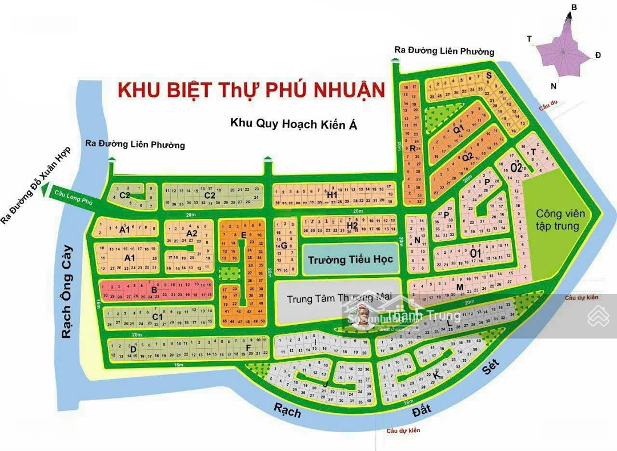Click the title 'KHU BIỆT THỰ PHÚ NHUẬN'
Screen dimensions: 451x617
pyautogui.click(x=251, y=90)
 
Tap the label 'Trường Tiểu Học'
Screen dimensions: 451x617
pyautogui.click(x=350, y=260)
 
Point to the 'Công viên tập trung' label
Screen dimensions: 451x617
pyautogui.click(x=560, y=219)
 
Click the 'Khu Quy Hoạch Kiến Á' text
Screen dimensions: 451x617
pyautogui.click(x=293, y=123)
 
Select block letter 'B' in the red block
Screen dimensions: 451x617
pyautogui.click(x=154, y=290)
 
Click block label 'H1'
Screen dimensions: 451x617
pyautogui.click(x=332, y=195)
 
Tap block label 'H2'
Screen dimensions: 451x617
pyautogui.click(x=352, y=226)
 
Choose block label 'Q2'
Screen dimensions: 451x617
pyautogui.click(x=467, y=157)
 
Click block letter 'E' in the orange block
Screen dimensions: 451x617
pyautogui.click(x=244, y=235)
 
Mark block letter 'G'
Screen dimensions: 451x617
pyautogui.click(x=284, y=246)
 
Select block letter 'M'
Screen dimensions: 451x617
pyautogui.click(x=459, y=287)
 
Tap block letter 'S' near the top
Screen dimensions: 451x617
pyautogui.click(x=488, y=75)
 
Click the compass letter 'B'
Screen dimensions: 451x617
pyautogui.click(x=574, y=7)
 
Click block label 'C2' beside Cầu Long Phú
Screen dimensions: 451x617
pyautogui.click(x=125, y=195)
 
